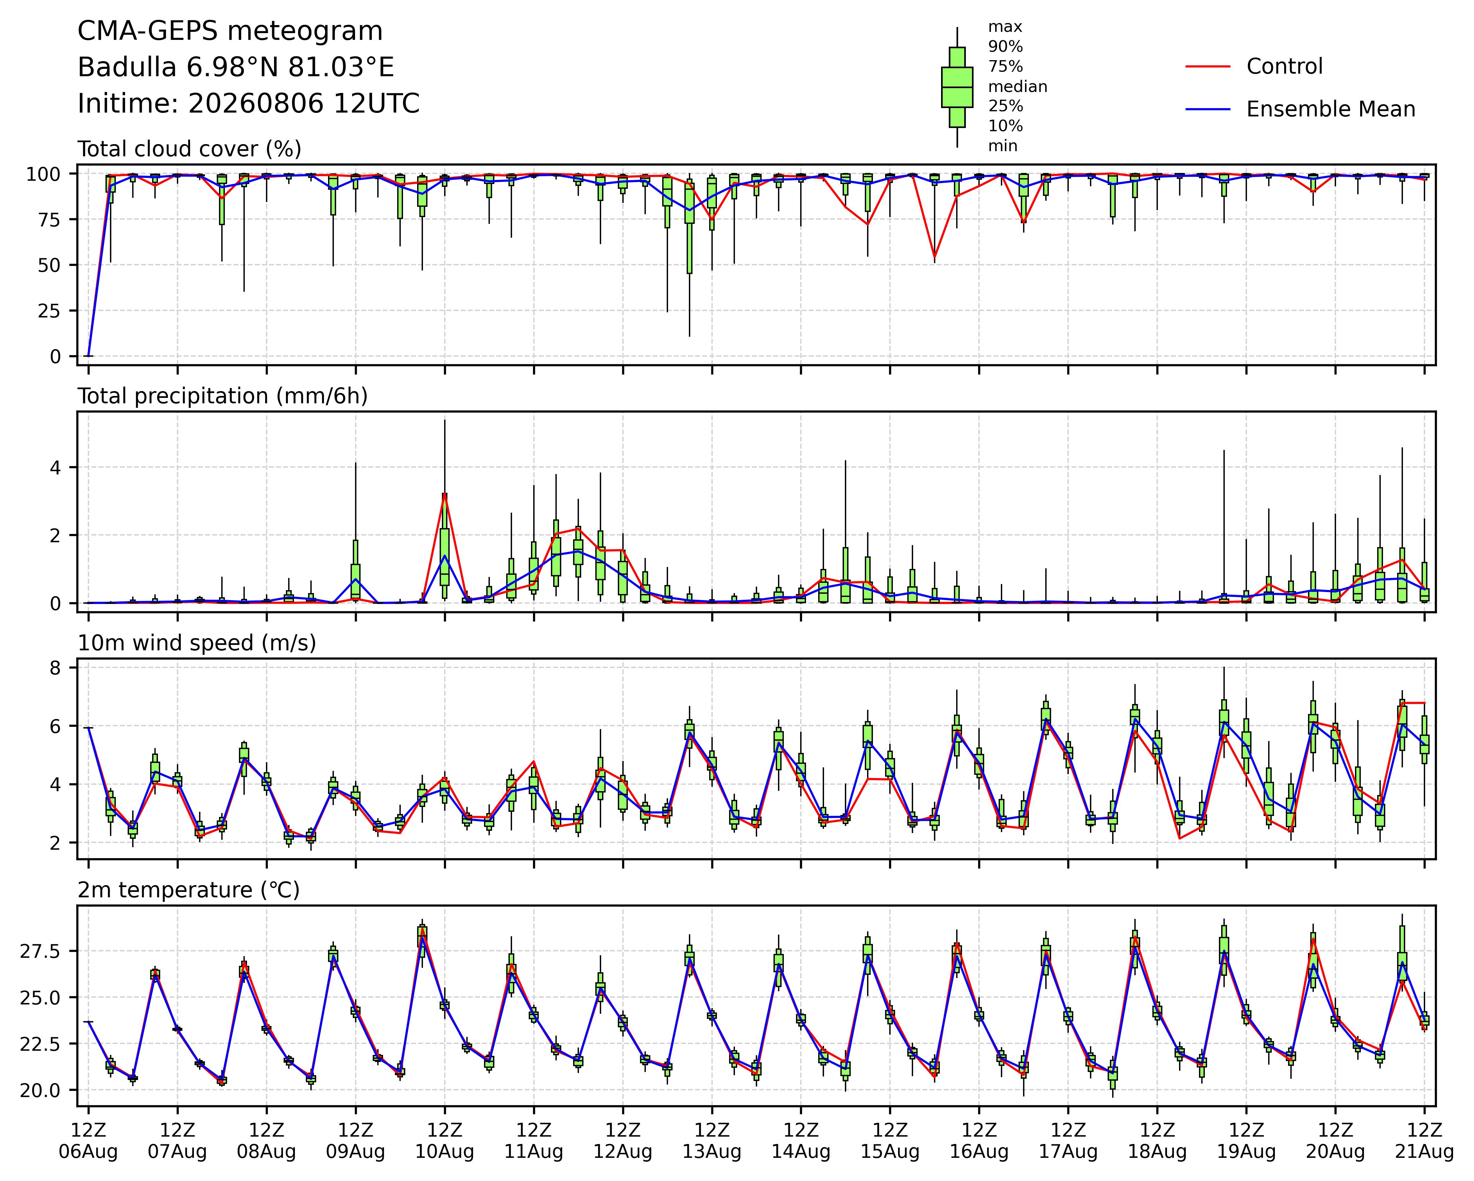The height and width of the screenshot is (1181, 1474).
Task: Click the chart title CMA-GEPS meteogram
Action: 230,32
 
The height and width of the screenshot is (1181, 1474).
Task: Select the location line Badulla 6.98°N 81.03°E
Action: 236,68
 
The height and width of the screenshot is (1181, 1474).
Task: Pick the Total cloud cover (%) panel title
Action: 189,149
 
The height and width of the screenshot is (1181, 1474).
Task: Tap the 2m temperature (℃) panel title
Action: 189,890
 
